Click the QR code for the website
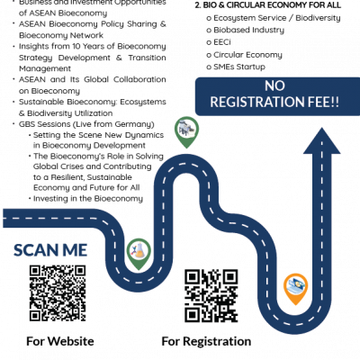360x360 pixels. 58,293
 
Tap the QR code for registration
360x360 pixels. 211,296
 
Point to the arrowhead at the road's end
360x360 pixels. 322,140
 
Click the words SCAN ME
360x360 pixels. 50,250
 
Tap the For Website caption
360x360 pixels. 60,341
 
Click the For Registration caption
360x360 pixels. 206,341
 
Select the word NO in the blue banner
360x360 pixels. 274,86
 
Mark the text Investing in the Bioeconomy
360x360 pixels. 88,199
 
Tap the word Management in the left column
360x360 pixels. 45,68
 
